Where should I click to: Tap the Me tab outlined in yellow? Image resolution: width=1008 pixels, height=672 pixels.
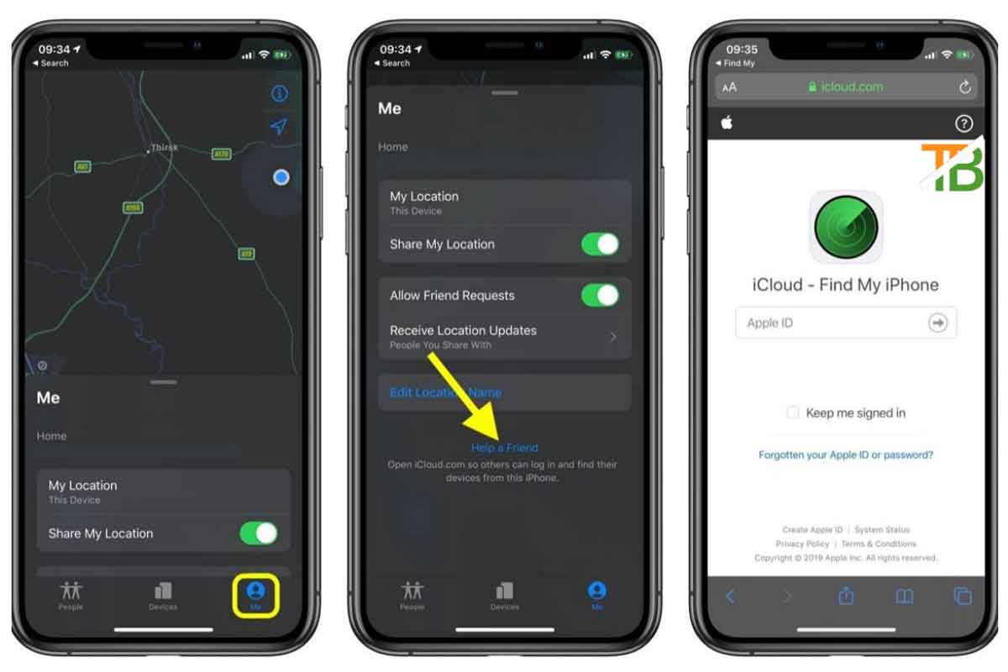[x=256, y=595]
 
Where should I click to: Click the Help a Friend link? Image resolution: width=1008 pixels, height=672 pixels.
[x=504, y=448]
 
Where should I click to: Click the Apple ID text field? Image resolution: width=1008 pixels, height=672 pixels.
[x=832, y=323]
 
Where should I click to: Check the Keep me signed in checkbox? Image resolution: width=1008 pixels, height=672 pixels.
[x=792, y=412]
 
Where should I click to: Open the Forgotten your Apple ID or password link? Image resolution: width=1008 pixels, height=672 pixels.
[x=846, y=455]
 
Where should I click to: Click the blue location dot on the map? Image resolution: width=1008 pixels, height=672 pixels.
[x=281, y=177]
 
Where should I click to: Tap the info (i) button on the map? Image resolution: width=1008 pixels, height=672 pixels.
[x=279, y=93]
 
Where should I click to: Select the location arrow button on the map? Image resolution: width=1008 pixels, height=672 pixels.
[x=279, y=127]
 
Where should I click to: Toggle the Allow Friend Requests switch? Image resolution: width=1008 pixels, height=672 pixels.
[x=600, y=295]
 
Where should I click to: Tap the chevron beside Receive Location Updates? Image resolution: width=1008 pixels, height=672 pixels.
[x=612, y=337]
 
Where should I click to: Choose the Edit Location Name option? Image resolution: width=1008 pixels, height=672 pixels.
[x=445, y=392]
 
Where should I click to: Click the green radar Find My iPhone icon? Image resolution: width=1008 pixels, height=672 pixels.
[x=846, y=227]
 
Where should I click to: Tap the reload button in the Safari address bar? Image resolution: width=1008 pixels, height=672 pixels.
[x=964, y=87]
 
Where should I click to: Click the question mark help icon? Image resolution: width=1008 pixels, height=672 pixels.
[x=964, y=123]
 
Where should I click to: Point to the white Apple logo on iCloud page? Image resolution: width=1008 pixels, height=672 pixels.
[x=727, y=123]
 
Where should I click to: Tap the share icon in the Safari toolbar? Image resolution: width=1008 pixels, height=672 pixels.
[x=846, y=596]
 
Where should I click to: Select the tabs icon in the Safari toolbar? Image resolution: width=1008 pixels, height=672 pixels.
[x=963, y=596]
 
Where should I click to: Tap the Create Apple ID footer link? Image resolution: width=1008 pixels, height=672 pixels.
[x=812, y=530]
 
